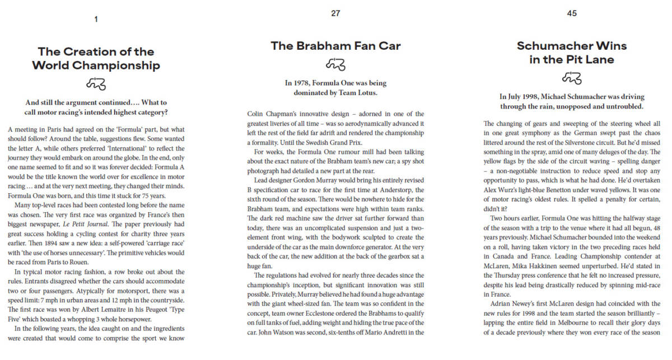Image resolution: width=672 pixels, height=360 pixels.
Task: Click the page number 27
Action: click(x=335, y=13)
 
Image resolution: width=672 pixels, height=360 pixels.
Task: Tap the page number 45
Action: click(x=572, y=13)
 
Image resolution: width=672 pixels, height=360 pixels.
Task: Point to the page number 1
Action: click(x=96, y=19)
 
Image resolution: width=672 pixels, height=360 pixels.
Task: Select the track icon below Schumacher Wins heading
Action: click(x=572, y=77)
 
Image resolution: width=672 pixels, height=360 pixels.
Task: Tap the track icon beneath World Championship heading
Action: click(x=96, y=84)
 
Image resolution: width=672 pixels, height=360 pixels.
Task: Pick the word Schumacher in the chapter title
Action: click(x=556, y=46)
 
